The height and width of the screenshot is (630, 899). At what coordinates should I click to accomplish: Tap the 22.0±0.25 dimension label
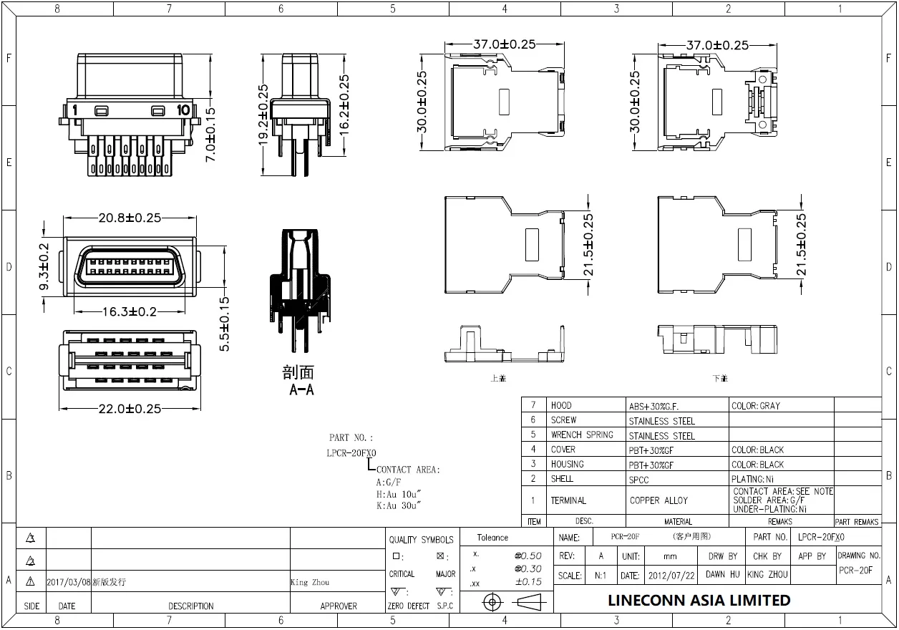(x=130, y=408)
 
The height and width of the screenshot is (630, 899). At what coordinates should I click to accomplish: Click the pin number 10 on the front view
(x=183, y=110)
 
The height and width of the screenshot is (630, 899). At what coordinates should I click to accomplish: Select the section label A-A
(x=301, y=390)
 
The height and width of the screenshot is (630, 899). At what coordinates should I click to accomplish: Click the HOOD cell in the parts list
(x=561, y=405)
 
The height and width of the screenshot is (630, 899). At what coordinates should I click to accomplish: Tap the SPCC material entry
(x=639, y=479)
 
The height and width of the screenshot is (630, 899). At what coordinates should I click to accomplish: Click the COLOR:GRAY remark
(x=756, y=406)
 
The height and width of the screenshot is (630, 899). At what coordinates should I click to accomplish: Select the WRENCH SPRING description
(x=582, y=435)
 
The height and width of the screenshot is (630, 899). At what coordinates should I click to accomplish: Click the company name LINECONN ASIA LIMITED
(x=699, y=600)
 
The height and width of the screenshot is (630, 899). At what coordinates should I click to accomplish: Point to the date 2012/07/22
(x=671, y=575)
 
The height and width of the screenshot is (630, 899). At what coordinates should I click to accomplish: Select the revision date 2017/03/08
(x=69, y=583)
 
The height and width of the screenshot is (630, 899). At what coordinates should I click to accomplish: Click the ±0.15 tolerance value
(x=528, y=582)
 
